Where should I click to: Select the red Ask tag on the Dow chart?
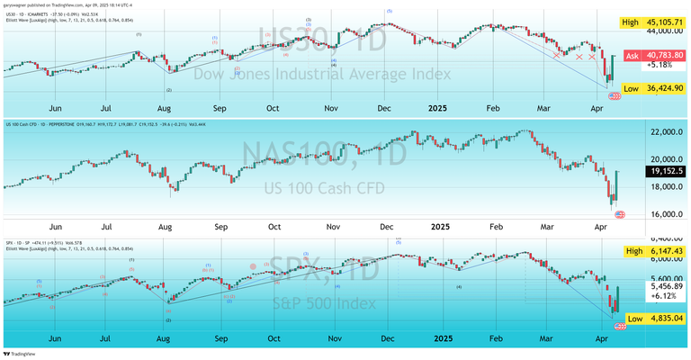pos(632,56)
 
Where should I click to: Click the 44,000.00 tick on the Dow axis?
pos(662,31)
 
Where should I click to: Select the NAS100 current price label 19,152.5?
pos(665,170)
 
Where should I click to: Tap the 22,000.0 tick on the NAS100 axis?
pos(662,132)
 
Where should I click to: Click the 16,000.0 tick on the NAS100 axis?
pos(662,214)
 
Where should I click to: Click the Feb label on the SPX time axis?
pos(494,338)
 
